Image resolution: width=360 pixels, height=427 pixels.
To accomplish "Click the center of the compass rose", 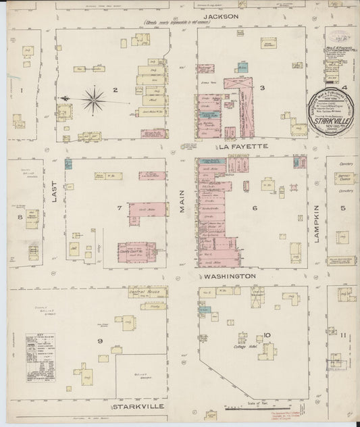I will click(95, 100).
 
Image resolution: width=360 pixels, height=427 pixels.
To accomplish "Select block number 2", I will click(115, 90).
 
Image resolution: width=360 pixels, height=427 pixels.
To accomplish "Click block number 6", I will click(255, 208).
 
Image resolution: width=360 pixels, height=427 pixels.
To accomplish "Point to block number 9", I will click(100, 341).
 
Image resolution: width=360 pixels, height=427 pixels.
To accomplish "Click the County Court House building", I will click(136, 251).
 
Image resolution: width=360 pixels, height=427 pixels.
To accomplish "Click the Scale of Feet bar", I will click(242, 407).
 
